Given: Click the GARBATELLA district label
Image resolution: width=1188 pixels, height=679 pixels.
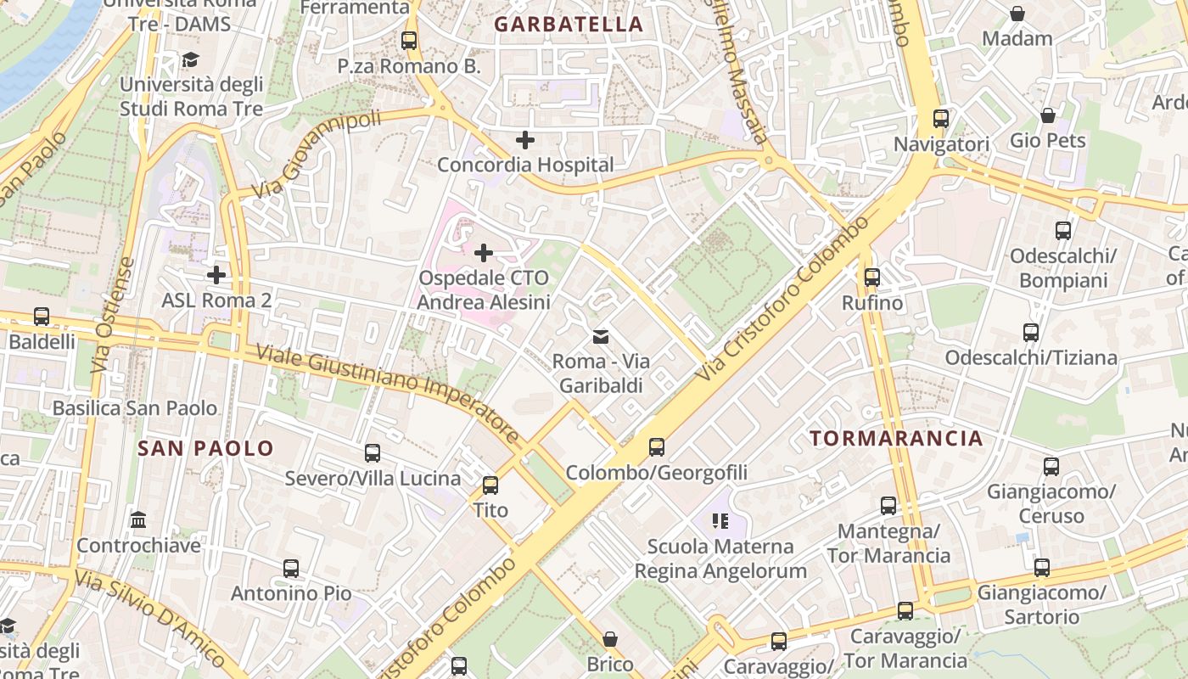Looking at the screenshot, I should pyautogui.click(x=569, y=25).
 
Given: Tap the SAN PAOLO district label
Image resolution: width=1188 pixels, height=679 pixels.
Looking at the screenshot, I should pyautogui.click(x=206, y=448).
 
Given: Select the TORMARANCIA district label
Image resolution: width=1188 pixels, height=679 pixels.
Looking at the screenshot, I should pyautogui.click(x=896, y=438).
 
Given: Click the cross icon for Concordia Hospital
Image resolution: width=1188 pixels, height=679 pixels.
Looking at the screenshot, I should pyautogui.click(x=525, y=139).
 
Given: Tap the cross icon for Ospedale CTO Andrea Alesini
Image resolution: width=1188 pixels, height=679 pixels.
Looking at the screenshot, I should pyautogui.click(x=484, y=252).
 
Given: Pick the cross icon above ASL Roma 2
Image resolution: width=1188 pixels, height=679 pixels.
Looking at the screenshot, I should pyautogui.click(x=216, y=274).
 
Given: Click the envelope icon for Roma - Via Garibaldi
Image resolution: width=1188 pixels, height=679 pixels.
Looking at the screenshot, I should pyautogui.click(x=601, y=336).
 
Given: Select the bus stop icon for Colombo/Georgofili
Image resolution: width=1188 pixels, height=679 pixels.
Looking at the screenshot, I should pyautogui.click(x=656, y=446).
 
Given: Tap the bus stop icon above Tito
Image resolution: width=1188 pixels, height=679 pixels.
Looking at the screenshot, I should pyautogui.click(x=490, y=485).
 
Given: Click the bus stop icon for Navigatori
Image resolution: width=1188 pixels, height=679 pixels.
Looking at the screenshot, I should pyautogui.click(x=940, y=118).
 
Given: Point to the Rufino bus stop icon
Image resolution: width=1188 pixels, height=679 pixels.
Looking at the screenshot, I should pyautogui.click(x=871, y=277).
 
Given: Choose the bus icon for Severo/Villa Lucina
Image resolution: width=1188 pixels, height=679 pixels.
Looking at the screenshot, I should pyautogui.click(x=372, y=452).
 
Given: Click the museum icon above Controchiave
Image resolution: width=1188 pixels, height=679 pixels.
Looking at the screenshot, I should pyautogui.click(x=138, y=519).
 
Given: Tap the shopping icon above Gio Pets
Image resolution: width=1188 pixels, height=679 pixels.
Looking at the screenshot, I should pyautogui.click(x=1047, y=115).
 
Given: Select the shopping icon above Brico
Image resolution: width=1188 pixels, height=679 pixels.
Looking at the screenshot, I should pyautogui.click(x=609, y=638).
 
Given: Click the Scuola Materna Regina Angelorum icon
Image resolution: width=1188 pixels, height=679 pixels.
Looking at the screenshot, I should pyautogui.click(x=720, y=520).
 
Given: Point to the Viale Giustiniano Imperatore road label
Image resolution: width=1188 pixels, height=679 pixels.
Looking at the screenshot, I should pyautogui.click(x=388, y=395).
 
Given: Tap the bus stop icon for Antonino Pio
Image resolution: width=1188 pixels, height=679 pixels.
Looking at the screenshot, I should pyautogui.click(x=291, y=568).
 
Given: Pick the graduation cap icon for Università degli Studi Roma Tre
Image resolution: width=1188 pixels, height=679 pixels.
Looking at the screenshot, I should pyautogui.click(x=190, y=59).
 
